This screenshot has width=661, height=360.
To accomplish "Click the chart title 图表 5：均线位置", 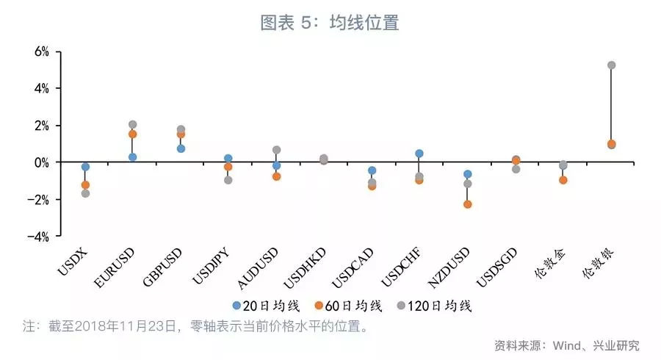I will (330, 23).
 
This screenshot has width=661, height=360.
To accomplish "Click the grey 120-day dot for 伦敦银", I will (611, 65).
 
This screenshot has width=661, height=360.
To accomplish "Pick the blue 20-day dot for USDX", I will (85, 167).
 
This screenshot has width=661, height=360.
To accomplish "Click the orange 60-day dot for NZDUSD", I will (467, 204).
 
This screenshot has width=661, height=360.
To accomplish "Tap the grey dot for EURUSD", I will (132, 125).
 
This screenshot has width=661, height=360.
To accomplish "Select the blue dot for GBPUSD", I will (181, 148).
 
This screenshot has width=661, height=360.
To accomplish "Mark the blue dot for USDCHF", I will (419, 154).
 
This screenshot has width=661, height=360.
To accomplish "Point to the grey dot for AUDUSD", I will (276, 150).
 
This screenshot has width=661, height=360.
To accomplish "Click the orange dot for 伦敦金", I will (563, 180).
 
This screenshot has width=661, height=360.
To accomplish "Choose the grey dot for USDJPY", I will (228, 180).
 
